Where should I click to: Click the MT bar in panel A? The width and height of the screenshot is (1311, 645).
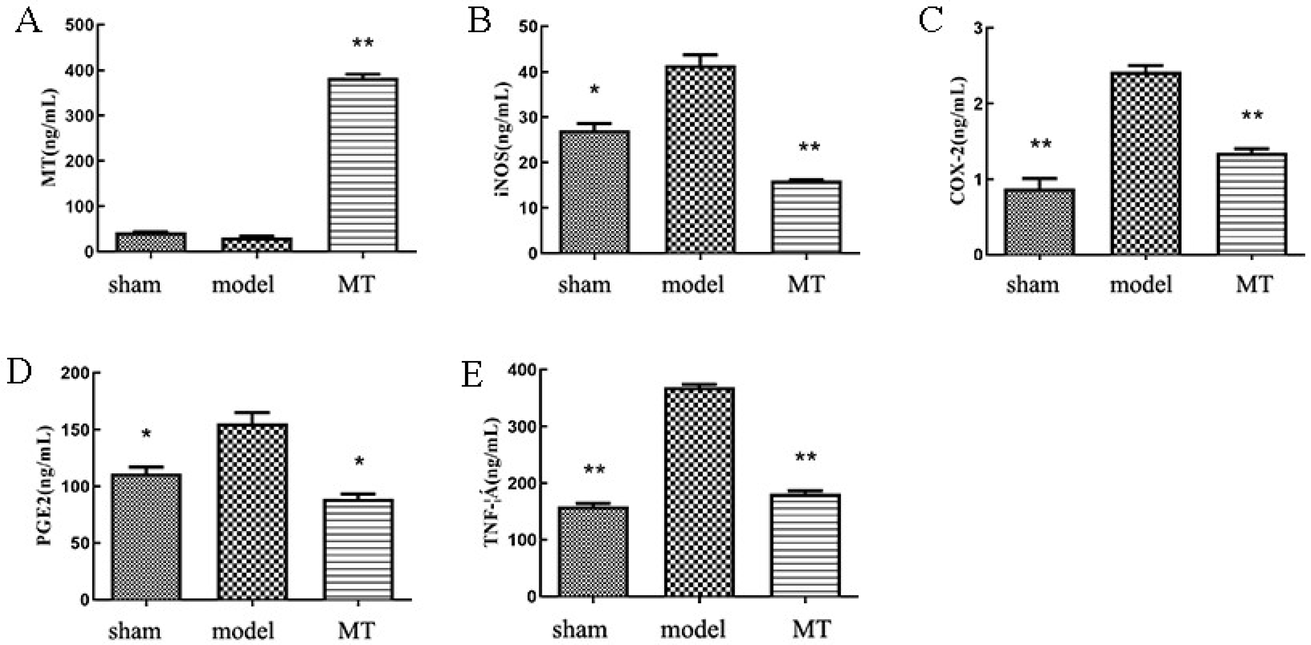point(362,165)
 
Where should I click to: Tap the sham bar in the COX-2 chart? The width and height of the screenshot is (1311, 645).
point(1039,222)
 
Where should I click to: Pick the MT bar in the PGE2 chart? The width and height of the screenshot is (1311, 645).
point(358,549)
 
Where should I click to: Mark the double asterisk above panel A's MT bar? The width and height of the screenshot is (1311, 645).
point(363,43)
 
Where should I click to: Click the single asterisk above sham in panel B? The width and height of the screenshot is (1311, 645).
point(594,90)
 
